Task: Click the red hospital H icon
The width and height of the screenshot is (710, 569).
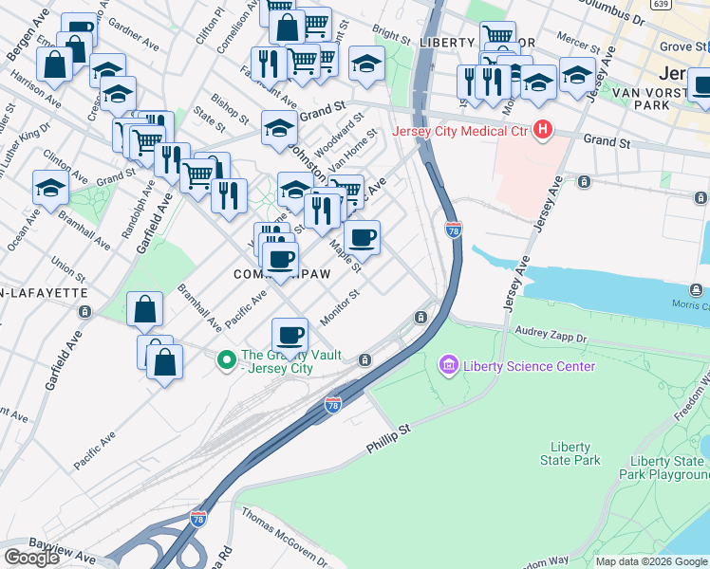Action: (x=543, y=130)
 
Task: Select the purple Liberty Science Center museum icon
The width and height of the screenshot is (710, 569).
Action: (x=448, y=365)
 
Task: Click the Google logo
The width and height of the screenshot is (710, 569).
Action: (x=32, y=558)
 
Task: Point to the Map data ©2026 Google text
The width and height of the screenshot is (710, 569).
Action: (x=651, y=561)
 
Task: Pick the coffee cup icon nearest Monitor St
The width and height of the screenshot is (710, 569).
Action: (x=290, y=335)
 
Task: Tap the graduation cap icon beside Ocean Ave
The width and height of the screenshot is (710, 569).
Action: (x=50, y=188)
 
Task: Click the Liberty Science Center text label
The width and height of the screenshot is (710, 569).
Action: (x=530, y=366)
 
